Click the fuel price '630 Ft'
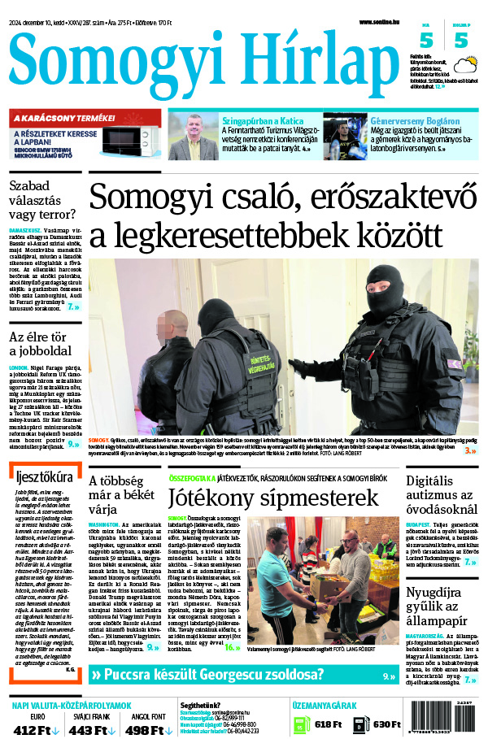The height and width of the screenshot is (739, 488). [x=381, y=724]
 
